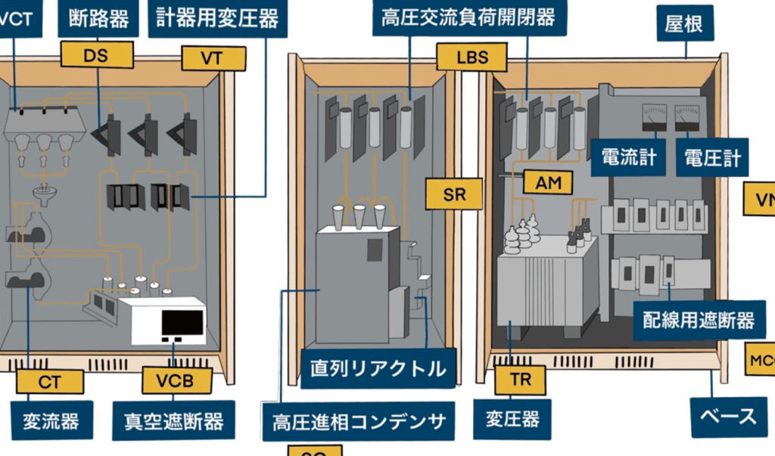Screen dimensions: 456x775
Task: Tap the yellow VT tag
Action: click(x=213, y=58)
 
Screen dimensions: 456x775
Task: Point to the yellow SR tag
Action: click(x=454, y=194)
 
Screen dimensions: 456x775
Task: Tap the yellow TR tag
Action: click(x=520, y=380)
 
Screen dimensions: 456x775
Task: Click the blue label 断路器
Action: click(x=98, y=18)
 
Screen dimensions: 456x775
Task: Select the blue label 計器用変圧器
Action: click(x=218, y=18)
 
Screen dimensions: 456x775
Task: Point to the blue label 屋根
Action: click(x=684, y=24)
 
